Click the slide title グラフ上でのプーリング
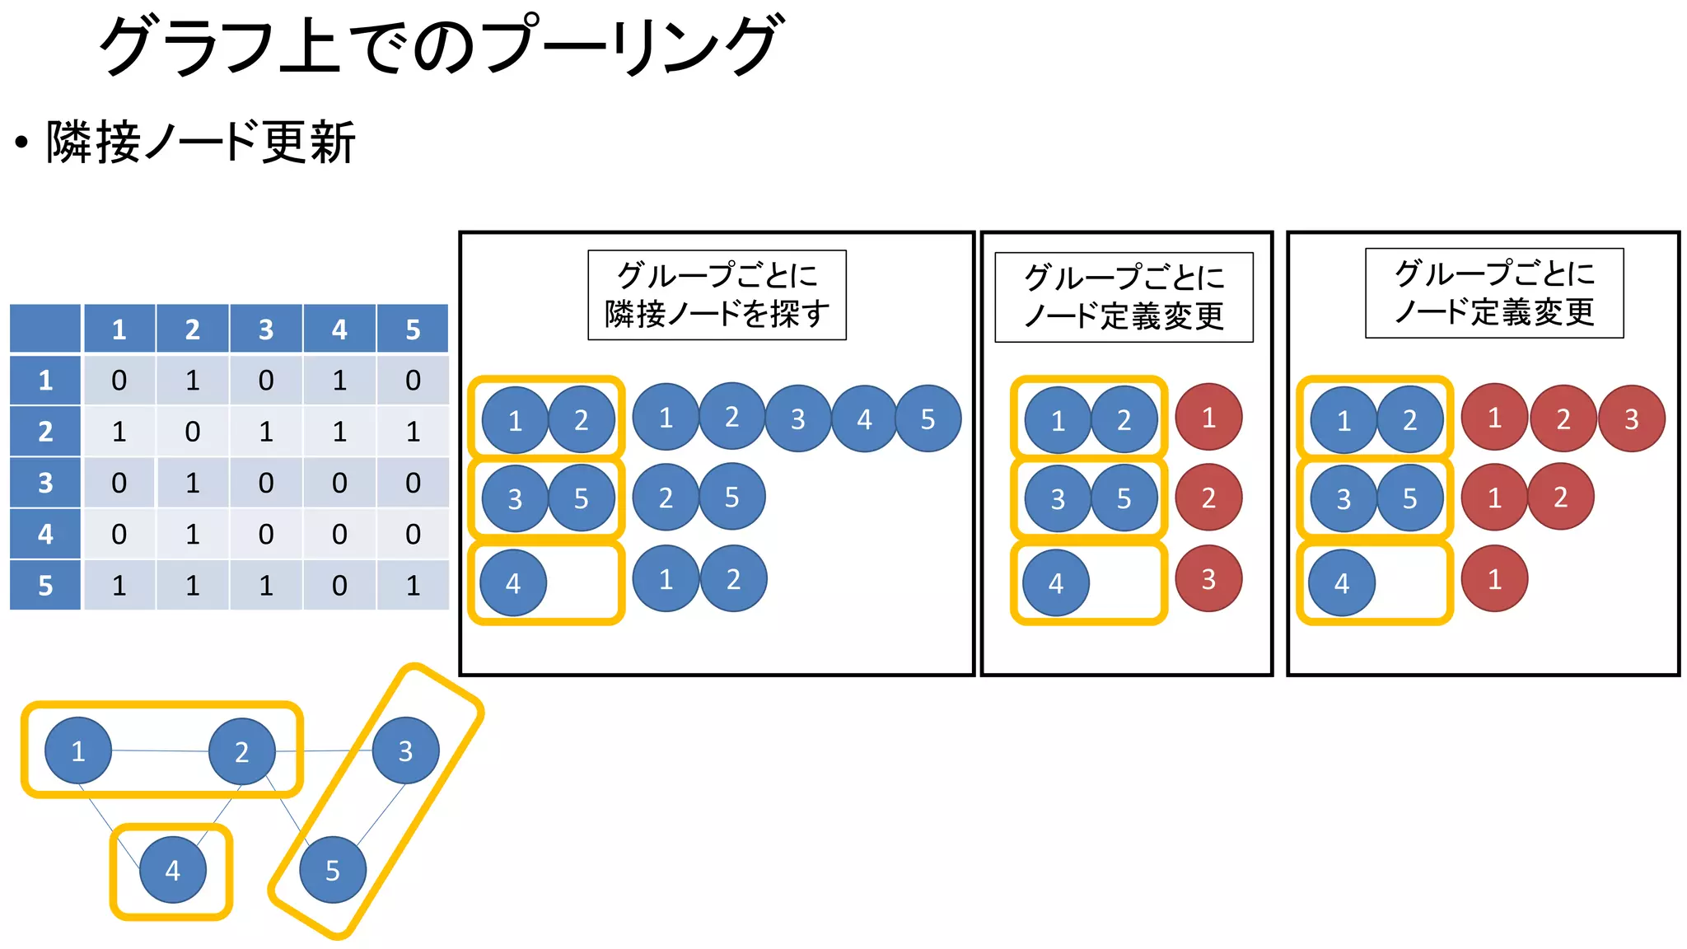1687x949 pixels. click(438, 46)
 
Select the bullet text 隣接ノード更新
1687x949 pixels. click(201, 142)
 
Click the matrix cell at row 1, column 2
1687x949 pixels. click(192, 380)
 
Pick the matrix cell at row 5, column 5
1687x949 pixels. click(413, 585)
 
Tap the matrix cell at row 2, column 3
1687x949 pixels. click(265, 431)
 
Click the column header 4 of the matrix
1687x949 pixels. click(339, 330)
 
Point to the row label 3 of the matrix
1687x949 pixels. click(45, 483)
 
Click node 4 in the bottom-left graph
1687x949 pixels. click(172, 870)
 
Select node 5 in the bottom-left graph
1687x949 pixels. click(332, 870)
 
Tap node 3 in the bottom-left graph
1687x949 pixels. click(405, 750)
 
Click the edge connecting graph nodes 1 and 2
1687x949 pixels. click(160, 750)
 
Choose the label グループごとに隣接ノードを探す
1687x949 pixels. click(717, 295)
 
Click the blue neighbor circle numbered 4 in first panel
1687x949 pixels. click(864, 419)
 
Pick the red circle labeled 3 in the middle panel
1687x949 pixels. click(1208, 579)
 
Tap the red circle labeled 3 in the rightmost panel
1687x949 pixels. click(1631, 419)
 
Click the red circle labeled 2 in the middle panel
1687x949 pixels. click(1208, 498)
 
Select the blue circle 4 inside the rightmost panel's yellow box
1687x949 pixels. click(1342, 583)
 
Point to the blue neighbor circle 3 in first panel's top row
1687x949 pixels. click(797, 419)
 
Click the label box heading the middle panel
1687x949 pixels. click(1124, 297)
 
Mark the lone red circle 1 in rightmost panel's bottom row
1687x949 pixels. click(1494, 579)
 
